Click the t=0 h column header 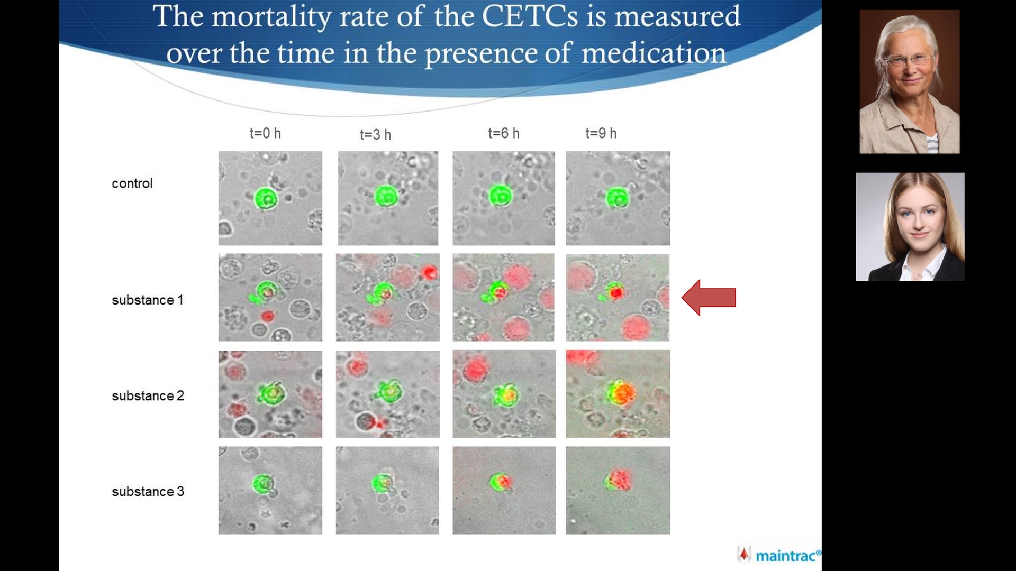click(265, 133)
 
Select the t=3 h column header click(375, 135)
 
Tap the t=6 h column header click(503, 133)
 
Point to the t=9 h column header click(601, 133)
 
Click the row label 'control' click(132, 183)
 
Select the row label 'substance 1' click(147, 300)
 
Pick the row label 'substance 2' click(148, 395)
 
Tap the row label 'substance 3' click(148, 491)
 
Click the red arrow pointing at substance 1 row click(709, 298)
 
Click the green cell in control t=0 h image click(266, 198)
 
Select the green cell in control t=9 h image click(617, 198)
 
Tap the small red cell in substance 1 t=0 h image click(268, 316)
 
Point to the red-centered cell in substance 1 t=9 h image click(615, 292)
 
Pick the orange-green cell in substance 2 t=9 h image click(621, 393)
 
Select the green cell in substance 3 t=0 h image click(262, 484)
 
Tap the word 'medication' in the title click(654, 54)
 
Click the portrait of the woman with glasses click(909, 81)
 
